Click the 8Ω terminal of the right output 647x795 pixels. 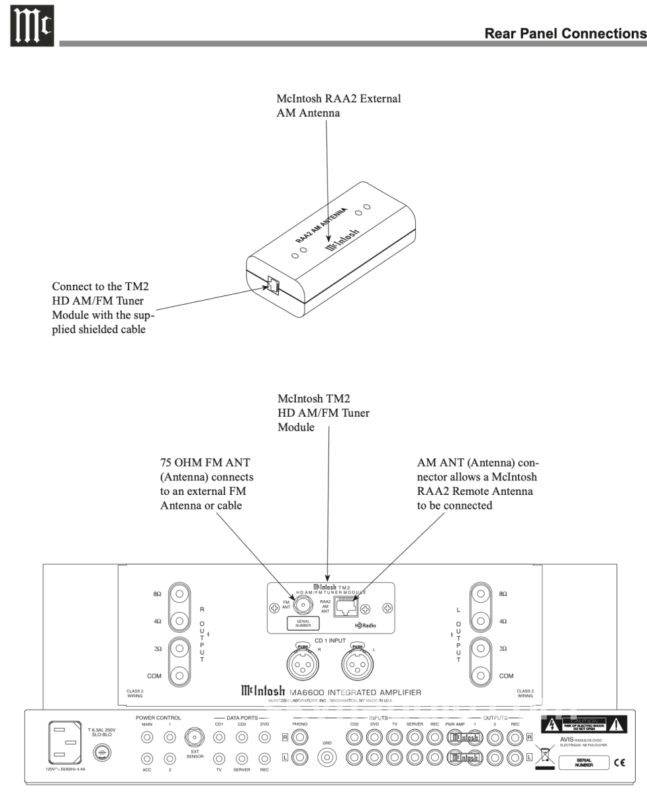pyautogui.click(x=179, y=594)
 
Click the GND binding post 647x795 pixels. pyautogui.click(x=326, y=757)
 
